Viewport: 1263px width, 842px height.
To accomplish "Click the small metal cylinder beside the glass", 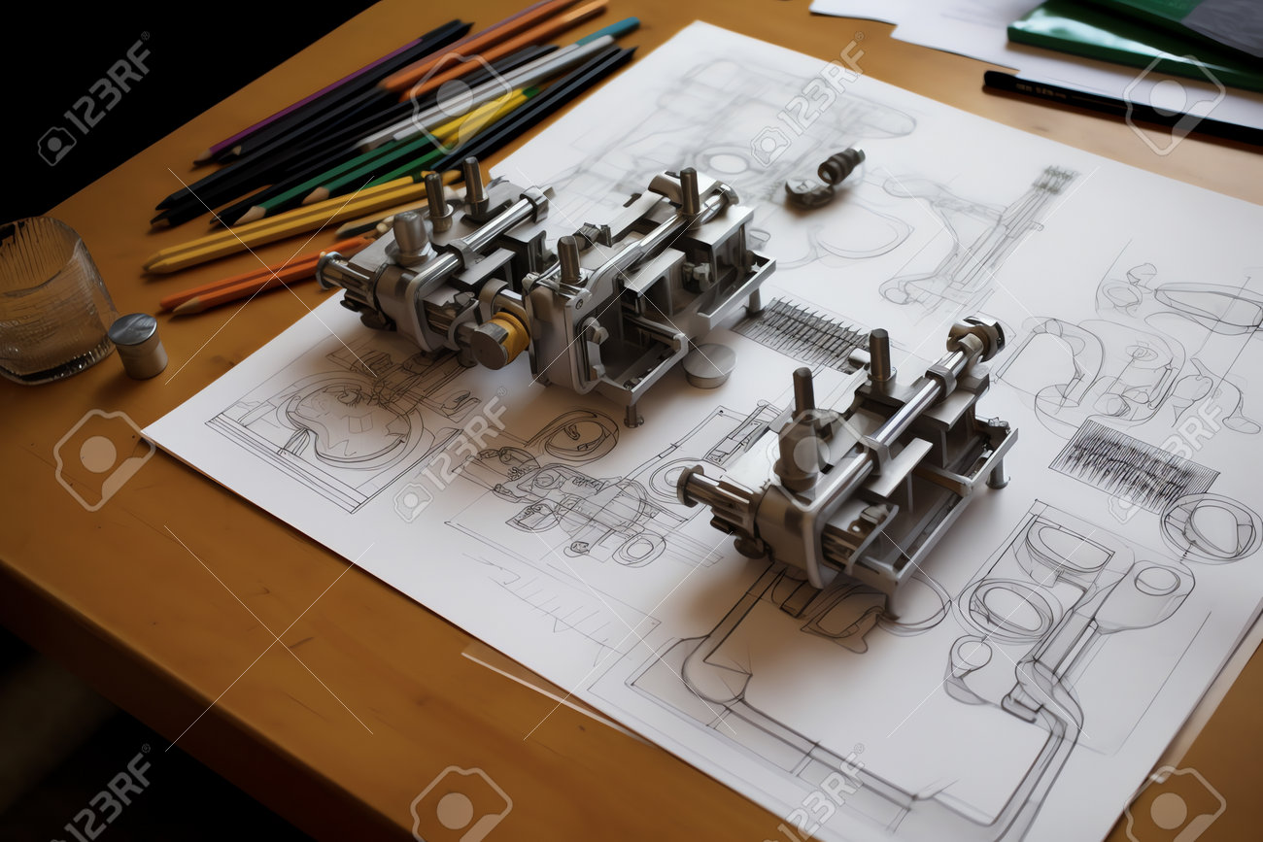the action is click(x=138, y=346).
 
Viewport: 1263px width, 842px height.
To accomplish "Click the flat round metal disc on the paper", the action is click(x=709, y=365).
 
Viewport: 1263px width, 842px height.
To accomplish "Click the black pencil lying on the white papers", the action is click(x=1122, y=107).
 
